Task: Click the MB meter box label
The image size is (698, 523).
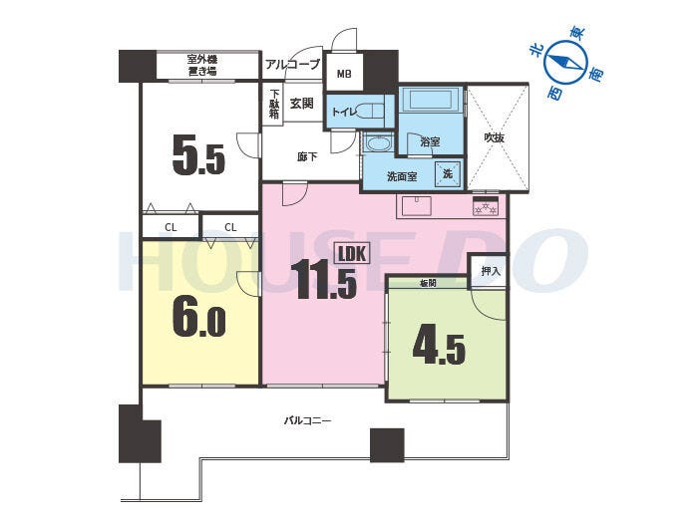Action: click(344, 74)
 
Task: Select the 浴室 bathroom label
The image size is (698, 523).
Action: click(430, 142)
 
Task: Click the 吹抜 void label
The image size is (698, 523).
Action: click(495, 137)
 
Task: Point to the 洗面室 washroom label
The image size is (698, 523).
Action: click(402, 176)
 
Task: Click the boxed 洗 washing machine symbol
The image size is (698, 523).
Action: click(448, 173)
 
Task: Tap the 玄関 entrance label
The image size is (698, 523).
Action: click(302, 104)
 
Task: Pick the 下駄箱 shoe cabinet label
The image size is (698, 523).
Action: click(274, 104)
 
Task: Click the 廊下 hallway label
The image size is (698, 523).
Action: click(307, 156)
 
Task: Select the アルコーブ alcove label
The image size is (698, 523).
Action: click(292, 64)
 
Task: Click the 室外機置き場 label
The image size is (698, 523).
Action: click(202, 65)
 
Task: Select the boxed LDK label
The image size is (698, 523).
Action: click(352, 253)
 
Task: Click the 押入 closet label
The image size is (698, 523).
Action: click(491, 271)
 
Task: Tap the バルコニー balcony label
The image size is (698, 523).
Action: click(307, 420)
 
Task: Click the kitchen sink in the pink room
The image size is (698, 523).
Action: click(416, 206)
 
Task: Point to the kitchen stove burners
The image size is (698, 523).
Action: click(486, 206)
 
